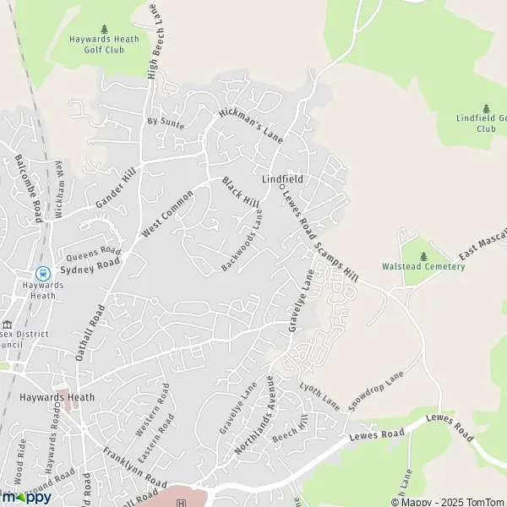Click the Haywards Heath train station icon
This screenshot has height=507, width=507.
click(x=40, y=273)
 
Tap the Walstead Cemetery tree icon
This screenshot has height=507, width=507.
click(x=423, y=254)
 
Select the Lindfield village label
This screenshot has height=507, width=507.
click(x=282, y=179)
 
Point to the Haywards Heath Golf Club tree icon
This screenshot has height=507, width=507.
click(x=105, y=30)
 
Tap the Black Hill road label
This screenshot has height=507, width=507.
click(x=241, y=193)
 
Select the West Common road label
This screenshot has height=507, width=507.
click(x=167, y=212)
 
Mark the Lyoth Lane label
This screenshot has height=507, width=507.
click(x=319, y=395)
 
